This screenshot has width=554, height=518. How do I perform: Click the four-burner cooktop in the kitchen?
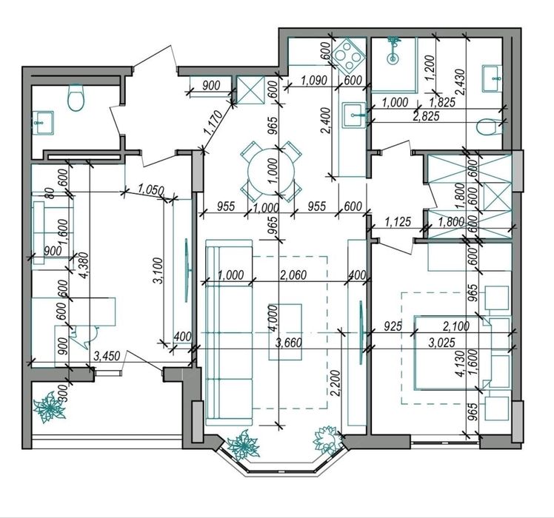click(x=349, y=55)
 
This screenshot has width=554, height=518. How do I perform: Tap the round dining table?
click(x=271, y=172)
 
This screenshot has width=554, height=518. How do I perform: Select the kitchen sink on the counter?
click(x=355, y=114)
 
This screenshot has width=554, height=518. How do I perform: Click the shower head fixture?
click(x=393, y=50)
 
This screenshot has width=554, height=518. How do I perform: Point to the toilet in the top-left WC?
click(x=76, y=97)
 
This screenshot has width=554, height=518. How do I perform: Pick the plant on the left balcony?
click(x=50, y=408)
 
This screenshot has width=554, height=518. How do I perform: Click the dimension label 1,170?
click(x=214, y=123)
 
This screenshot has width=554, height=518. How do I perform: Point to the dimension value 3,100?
click(x=158, y=271)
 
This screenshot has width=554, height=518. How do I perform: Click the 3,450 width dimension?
click(x=107, y=355)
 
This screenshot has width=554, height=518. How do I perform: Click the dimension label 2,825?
click(x=426, y=116)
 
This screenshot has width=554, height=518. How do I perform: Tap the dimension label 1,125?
click(x=398, y=222)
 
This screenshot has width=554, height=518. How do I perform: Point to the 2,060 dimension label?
click(x=293, y=275)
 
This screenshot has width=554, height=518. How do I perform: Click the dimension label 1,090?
click(x=314, y=80)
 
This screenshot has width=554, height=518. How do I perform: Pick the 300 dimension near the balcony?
click(x=62, y=392)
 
